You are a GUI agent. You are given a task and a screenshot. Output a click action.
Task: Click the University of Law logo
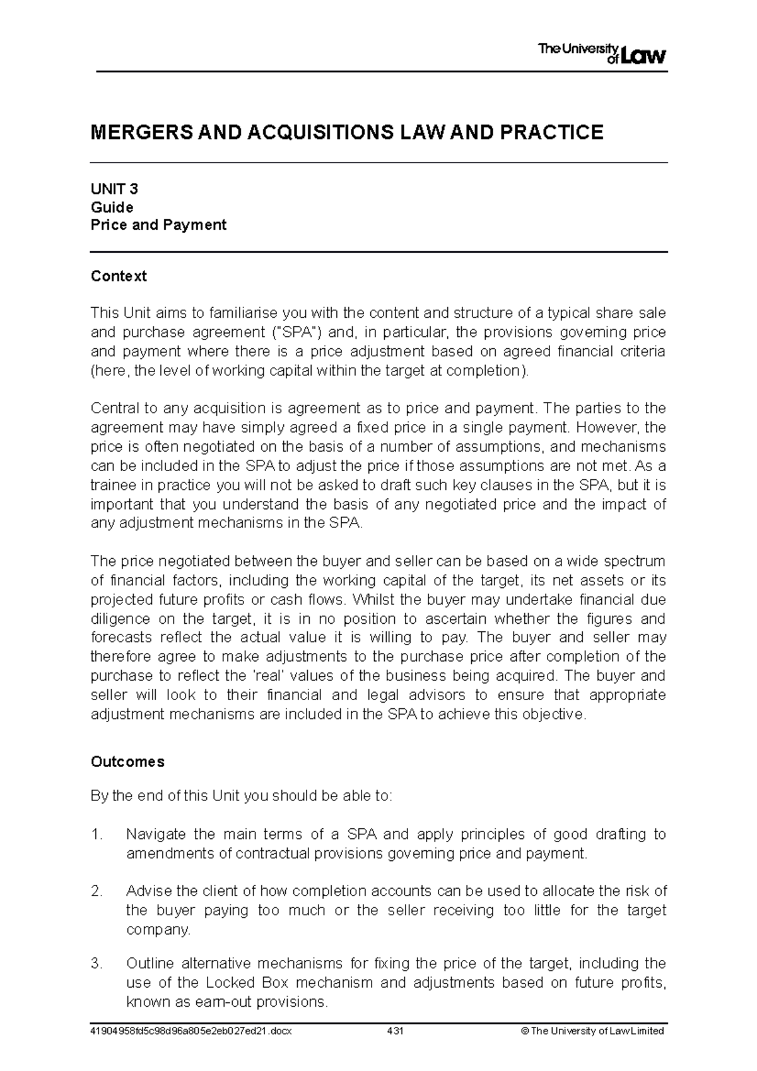coord(602,53)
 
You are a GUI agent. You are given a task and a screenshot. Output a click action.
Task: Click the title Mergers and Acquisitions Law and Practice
coord(347,132)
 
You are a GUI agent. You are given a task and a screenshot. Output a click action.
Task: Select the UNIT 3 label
coord(114,189)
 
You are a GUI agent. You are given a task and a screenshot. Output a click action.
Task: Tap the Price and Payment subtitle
coord(158,225)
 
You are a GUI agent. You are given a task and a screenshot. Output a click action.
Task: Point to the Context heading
coord(119,276)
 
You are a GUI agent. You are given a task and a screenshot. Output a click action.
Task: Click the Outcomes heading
coord(127,762)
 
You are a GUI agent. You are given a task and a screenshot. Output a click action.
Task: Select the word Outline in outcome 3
coord(149,963)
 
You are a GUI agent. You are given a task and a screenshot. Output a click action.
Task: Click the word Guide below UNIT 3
coord(112,208)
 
